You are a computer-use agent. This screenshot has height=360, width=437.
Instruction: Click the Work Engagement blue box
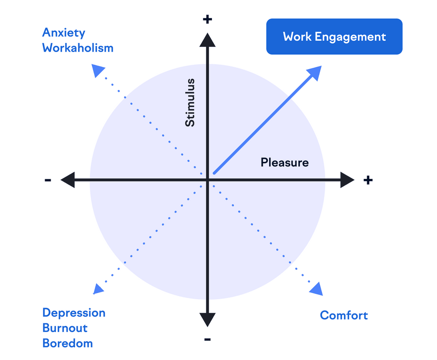coord(334,37)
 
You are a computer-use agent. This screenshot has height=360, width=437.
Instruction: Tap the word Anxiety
coord(64,33)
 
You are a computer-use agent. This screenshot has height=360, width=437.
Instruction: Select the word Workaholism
coord(78,48)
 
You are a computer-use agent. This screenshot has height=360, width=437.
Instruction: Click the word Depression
coord(74,313)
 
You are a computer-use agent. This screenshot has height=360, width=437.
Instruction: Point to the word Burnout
coord(65,328)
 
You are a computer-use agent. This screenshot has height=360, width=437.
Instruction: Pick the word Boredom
coord(68,343)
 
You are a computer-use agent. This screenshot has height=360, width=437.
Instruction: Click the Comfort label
coord(344,315)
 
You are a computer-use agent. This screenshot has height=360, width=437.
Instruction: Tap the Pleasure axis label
coord(284,163)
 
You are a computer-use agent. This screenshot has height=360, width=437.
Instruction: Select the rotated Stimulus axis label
coord(190,103)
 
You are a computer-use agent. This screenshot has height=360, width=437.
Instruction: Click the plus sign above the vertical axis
coord(208,19)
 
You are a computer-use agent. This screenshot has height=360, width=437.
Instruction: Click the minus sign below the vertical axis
coord(208,339)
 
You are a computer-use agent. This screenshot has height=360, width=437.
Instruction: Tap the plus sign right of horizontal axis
coord(368,180)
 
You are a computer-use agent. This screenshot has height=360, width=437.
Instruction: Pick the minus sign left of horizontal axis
coord(48,180)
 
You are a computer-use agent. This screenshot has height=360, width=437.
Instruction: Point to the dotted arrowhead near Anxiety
coord(98,71)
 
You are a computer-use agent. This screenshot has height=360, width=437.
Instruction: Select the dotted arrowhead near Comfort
coord(316,289)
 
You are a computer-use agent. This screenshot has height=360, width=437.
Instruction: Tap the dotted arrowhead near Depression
coord(98,288)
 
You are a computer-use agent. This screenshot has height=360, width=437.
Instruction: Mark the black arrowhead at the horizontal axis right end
coord(347,180)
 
